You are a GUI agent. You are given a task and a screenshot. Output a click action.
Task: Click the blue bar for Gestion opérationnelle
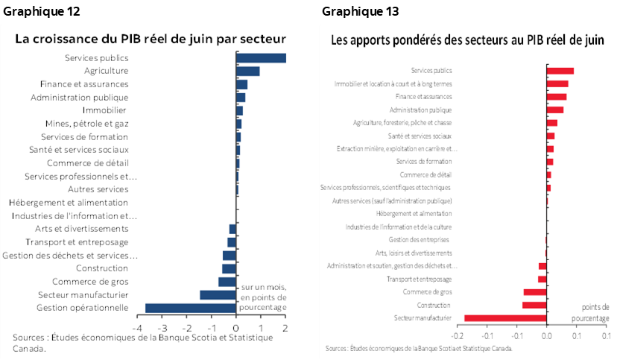coord(191,308)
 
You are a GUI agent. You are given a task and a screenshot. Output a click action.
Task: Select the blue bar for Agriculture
coord(248,72)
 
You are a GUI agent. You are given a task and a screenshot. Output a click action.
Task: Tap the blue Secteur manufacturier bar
coord(218,295)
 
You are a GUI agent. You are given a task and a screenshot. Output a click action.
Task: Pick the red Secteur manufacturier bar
coord(505,318)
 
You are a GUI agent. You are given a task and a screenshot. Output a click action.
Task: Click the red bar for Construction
coord(534,305)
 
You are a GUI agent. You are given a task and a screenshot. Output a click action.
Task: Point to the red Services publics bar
coord(560,71)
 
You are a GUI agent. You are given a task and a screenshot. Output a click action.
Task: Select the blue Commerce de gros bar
coord(227,282)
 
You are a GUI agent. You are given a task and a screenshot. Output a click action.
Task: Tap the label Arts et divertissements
coord(82,229)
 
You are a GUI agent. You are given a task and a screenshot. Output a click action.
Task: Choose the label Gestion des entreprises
coord(419,240)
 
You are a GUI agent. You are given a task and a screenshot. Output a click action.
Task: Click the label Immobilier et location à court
coord(393,83)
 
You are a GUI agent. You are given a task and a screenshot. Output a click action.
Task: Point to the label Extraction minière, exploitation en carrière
coord(397,149)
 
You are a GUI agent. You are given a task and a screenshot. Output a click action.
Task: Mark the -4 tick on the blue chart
coord(138,328)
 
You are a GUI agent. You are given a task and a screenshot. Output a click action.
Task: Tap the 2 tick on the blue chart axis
coord(285,328)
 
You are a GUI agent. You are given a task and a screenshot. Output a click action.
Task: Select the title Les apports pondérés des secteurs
coord(468,40)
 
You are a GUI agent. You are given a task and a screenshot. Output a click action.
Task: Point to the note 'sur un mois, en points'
coord(262,297)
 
